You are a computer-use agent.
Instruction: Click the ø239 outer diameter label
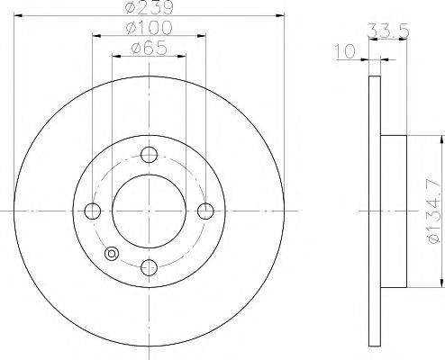click(x=149, y=9)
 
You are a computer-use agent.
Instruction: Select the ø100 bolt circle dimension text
click(x=149, y=30)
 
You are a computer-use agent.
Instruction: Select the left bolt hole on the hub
click(x=92, y=211)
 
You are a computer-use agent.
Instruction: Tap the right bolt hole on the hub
click(x=205, y=211)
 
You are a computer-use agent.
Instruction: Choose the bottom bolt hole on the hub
click(x=149, y=267)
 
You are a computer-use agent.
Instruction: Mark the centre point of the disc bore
click(x=149, y=211)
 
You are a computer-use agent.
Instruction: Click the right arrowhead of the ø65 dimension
click(x=182, y=57)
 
